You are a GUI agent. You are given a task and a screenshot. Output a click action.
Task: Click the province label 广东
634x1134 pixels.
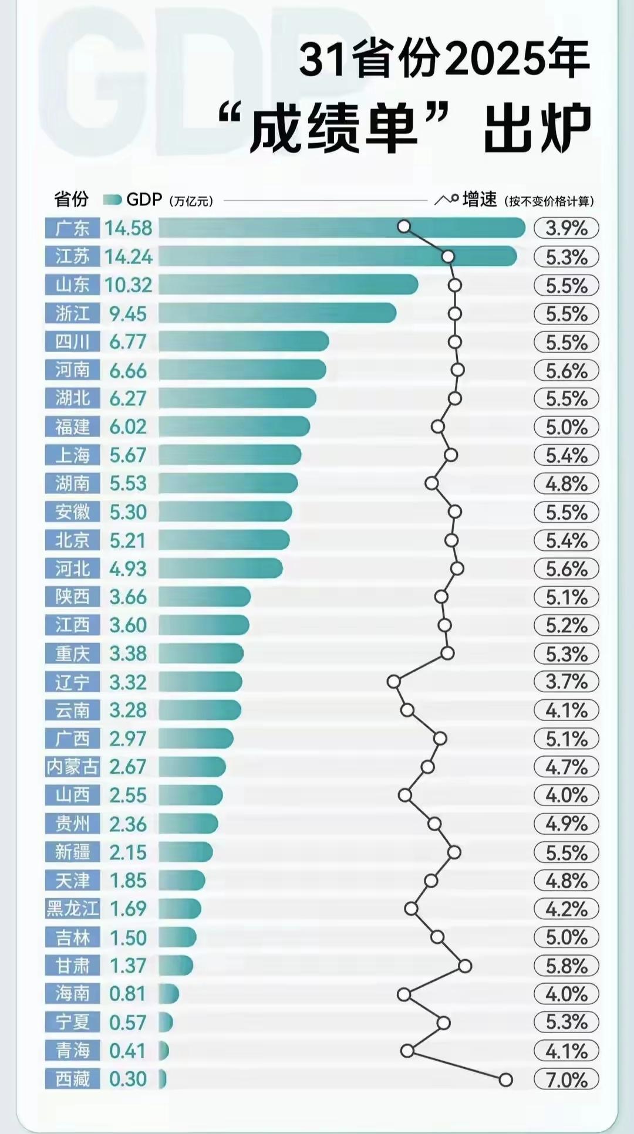73,228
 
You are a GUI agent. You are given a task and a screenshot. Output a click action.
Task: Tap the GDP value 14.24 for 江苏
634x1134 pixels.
129,257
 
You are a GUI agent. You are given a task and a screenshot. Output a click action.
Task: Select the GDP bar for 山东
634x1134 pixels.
288,285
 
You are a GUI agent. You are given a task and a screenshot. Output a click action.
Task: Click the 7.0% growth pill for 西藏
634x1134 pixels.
566,1079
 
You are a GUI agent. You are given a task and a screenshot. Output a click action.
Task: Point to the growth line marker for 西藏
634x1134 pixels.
505,1079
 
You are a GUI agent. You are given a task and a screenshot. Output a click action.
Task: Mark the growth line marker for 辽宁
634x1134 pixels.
394,682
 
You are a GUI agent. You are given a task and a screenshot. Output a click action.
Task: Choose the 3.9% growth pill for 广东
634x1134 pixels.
566,228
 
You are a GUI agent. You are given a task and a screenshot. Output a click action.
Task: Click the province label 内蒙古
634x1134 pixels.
73,767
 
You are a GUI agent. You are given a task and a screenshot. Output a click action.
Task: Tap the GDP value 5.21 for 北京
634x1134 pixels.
127,540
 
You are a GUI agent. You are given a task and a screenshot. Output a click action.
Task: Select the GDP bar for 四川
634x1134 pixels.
243,341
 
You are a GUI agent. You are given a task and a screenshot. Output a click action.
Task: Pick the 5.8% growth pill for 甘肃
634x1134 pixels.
566,966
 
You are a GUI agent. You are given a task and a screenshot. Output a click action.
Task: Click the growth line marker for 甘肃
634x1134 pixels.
465,966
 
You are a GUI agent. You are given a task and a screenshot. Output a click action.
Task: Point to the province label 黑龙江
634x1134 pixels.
73,909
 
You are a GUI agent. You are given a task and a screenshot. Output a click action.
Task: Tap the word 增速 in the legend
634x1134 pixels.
480,200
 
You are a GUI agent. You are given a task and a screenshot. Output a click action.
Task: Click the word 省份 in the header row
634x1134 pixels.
71,200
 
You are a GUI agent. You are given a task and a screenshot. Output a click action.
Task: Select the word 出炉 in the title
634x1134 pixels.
537,128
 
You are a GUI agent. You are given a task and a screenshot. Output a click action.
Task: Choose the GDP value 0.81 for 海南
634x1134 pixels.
127,994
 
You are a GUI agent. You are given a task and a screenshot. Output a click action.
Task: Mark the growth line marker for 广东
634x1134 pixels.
404,226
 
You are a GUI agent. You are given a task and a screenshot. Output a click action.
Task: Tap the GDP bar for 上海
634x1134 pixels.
230,455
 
